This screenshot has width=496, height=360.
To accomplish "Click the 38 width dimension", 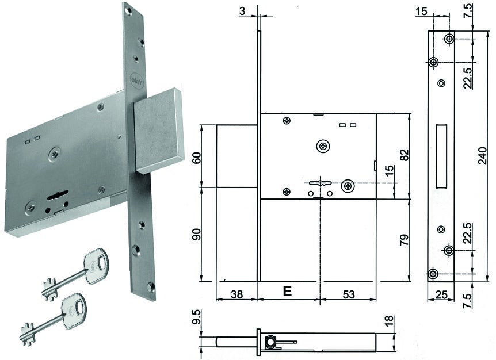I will coord(235,294).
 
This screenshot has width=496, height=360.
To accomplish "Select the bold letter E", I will coord(287,292).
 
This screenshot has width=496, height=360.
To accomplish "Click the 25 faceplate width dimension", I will coord(441,295).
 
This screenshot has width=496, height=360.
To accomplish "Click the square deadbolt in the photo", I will coord(158,129).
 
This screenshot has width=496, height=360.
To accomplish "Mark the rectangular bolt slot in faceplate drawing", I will coord(442,155).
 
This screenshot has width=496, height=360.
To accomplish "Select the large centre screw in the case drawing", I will coord(324,147).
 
